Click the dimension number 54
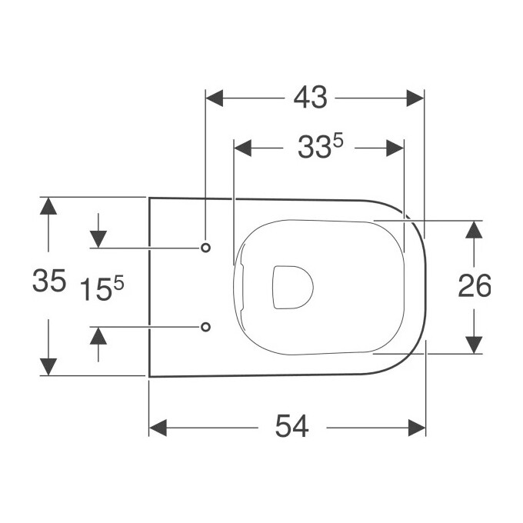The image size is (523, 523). tap(292, 426)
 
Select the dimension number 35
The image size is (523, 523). tap(48, 282)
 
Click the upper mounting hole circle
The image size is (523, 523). tap(205, 248)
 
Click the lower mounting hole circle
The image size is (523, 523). tap(205, 327)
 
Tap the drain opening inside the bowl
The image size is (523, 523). tap(292, 286)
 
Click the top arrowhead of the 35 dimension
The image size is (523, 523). tap(48, 206)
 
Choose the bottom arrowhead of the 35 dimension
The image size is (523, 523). tap(48, 366)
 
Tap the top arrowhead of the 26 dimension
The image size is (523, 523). tap(475, 230)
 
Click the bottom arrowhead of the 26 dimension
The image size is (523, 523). tap(475, 344)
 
